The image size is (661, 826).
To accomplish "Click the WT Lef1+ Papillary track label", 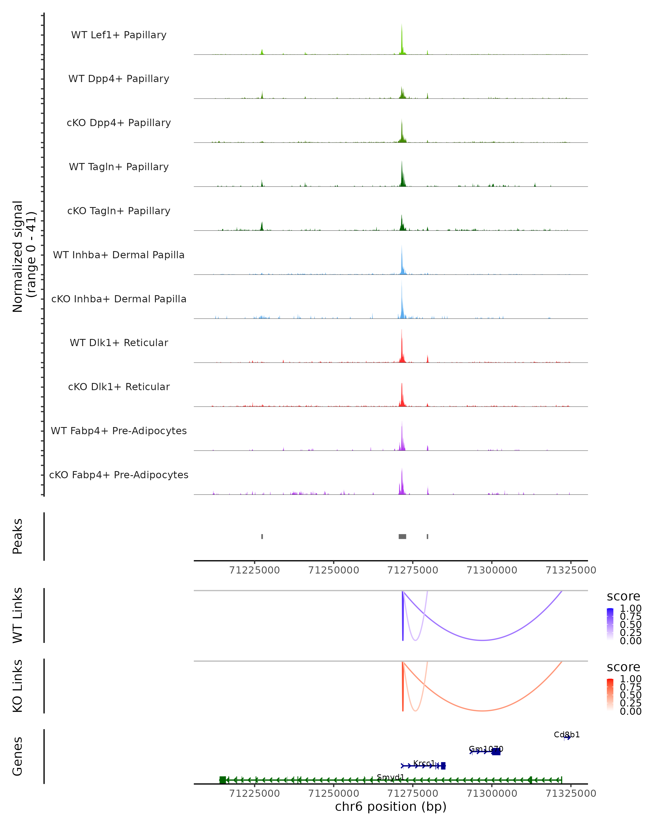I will (119, 35).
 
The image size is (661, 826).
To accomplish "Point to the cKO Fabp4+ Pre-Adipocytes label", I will (119, 475).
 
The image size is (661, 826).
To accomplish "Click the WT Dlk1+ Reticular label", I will (119, 343).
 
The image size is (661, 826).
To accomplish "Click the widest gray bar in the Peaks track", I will (402, 536).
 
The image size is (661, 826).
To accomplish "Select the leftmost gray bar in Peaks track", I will (262, 536).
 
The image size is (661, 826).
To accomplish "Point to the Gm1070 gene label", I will (486, 749).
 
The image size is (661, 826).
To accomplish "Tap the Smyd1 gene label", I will (391, 777).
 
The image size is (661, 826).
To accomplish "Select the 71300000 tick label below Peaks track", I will (492, 570).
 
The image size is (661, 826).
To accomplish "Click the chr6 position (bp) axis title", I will (391, 807).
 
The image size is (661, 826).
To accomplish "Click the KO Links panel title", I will (18, 686).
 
